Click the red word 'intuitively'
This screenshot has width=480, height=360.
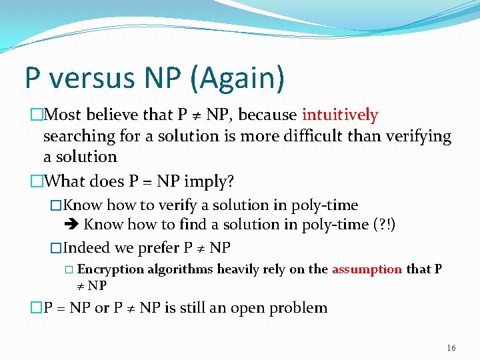click(x=340, y=115)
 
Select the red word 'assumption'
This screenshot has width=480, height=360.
click(x=367, y=269)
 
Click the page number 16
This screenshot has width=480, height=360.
click(x=451, y=348)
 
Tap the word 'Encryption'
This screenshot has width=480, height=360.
click(x=111, y=269)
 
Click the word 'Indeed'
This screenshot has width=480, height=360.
click(x=87, y=248)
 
